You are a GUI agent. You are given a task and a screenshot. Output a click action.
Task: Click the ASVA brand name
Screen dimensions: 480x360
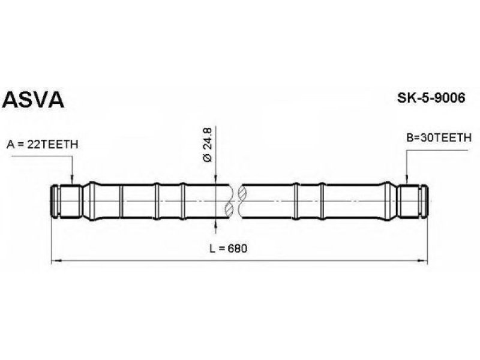pos(33,100)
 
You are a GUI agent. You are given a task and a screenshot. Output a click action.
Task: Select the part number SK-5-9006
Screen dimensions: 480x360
pos(431,98)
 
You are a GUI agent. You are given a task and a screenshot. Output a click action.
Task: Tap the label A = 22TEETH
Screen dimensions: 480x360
pos(42,144)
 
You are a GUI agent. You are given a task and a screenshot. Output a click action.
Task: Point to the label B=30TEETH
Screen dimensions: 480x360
pos(439,138)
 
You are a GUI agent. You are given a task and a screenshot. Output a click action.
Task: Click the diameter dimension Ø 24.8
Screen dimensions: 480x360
pos(207,145)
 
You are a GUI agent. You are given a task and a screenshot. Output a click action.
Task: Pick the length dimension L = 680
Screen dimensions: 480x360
pos(229,248)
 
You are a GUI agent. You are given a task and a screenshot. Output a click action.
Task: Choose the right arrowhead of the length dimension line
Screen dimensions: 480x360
pos(422,261)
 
